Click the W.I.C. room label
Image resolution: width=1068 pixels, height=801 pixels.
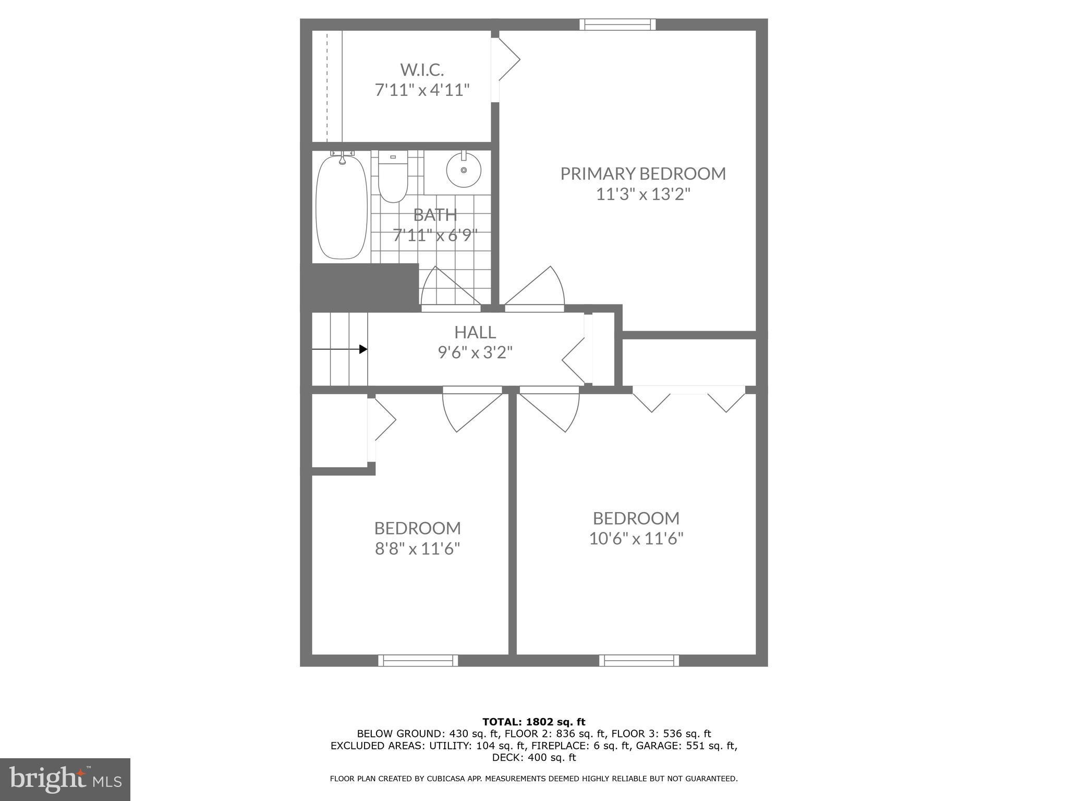pyautogui.click(x=422, y=69)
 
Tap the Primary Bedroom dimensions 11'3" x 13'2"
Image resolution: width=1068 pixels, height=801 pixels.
pyautogui.click(x=643, y=195)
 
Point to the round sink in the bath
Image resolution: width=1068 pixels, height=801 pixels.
pyautogui.click(x=464, y=170)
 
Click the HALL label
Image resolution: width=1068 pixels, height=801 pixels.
pyautogui.click(x=475, y=332)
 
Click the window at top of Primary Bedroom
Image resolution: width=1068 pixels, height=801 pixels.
pyautogui.click(x=617, y=25)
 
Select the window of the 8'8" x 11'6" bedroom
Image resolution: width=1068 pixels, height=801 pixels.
pyautogui.click(x=418, y=660)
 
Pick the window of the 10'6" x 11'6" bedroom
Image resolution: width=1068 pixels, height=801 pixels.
pyautogui.click(x=639, y=660)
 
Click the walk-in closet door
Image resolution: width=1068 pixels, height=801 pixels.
pyautogui.click(x=506, y=60)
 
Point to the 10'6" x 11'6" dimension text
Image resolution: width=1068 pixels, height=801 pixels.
pyautogui.click(x=636, y=538)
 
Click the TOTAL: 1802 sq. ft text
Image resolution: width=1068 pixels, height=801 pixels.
pyautogui.click(x=533, y=722)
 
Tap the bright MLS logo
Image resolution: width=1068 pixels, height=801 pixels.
pyautogui.click(x=65, y=779)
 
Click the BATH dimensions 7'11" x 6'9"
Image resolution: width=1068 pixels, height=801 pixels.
pyautogui.click(x=435, y=235)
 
